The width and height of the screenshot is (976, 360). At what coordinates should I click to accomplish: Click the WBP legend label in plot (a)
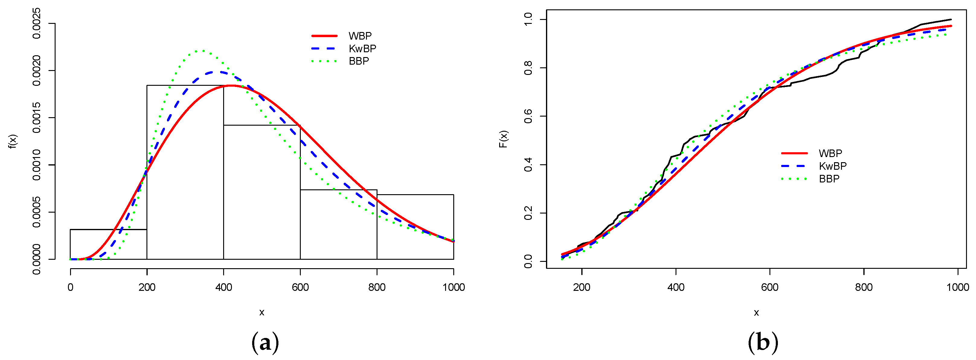(x=360, y=36)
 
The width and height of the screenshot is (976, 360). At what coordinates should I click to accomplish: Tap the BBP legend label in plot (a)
(x=359, y=61)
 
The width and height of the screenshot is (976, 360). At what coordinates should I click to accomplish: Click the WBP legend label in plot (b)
(x=830, y=153)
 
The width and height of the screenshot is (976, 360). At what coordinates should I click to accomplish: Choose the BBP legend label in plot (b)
(x=829, y=179)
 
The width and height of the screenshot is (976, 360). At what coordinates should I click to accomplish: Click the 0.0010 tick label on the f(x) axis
(x=37, y=165)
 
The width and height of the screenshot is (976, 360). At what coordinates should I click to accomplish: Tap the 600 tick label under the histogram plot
(x=300, y=287)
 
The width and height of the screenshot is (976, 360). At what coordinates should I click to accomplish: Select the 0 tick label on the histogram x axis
(x=70, y=287)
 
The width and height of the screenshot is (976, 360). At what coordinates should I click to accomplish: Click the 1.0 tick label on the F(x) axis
(x=528, y=20)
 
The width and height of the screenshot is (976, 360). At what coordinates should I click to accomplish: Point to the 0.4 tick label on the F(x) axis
(x=528, y=165)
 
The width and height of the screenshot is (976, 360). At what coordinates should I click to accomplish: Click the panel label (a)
(x=265, y=342)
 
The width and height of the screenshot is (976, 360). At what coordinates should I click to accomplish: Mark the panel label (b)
(x=763, y=342)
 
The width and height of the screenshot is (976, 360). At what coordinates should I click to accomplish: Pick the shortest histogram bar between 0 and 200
(x=108, y=244)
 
